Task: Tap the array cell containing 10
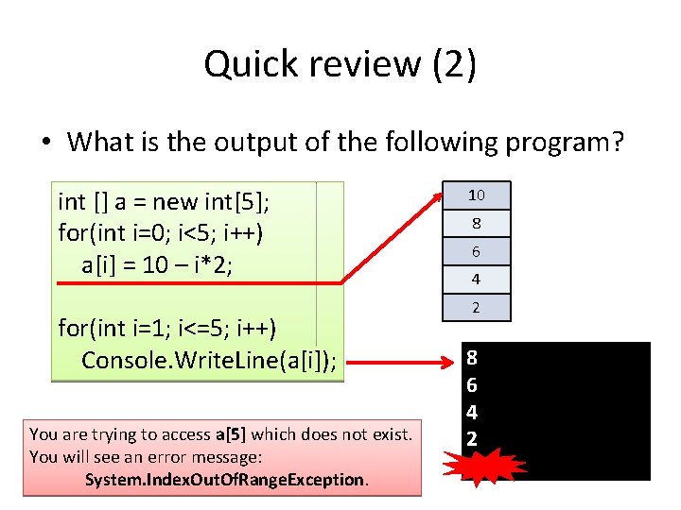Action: click(477, 195)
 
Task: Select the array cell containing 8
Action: click(477, 224)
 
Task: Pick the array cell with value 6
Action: click(477, 251)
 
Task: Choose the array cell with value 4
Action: click(477, 280)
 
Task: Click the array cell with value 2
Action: click(477, 307)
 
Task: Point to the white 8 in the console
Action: click(472, 359)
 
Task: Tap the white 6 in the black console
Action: click(472, 385)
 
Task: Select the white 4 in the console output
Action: click(472, 413)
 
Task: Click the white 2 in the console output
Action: click(472, 439)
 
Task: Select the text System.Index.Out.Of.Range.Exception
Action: click(225, 480)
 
